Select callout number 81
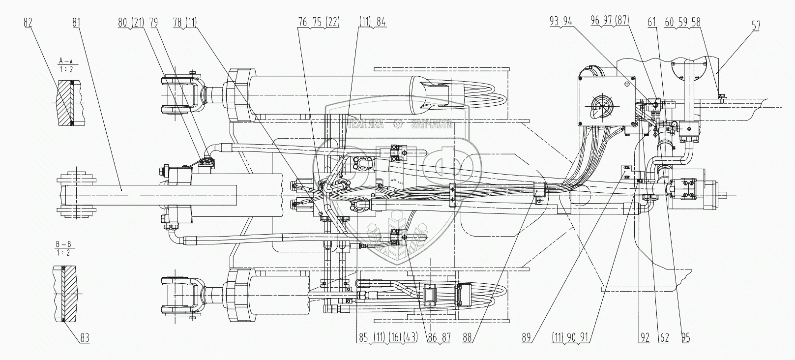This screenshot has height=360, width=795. [76, 22]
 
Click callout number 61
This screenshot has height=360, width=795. [652, 22]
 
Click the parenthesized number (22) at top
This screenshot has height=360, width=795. [332, 22]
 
